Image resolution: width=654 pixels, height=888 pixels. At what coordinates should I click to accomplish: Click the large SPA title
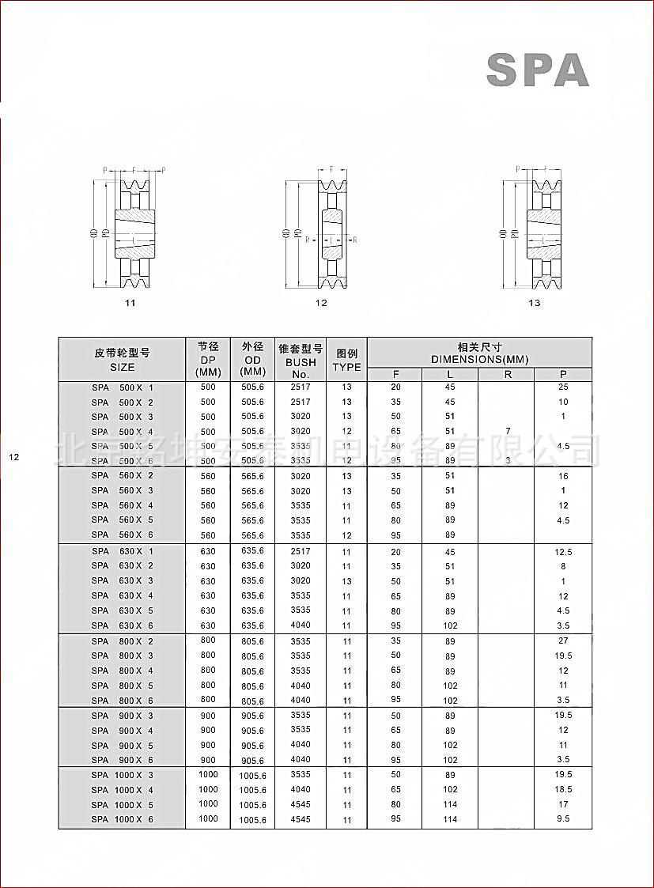click(537, 70)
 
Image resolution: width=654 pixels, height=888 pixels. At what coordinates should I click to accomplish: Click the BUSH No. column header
click(300, 361)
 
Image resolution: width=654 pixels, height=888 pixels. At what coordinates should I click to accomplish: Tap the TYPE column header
click(346, 361)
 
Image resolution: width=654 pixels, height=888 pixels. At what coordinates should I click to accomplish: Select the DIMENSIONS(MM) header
click(479, 353)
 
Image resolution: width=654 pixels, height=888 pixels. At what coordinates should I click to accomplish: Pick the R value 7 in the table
click(508, 431)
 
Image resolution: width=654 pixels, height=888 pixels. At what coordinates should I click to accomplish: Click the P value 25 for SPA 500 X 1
click(563, 387)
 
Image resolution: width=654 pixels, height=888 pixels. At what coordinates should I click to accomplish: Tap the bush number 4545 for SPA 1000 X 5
click(301, 804)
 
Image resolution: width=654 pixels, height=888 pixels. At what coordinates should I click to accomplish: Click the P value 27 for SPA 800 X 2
click(563, 640)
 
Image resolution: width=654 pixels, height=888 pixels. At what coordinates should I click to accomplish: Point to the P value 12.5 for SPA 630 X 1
click(563, 551)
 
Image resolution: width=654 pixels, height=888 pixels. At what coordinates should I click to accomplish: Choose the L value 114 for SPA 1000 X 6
click(450, 819)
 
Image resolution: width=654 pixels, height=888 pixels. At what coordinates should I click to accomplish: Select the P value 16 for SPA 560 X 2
click(563, 476)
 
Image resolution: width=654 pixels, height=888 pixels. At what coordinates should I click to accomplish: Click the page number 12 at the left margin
click(13, 457)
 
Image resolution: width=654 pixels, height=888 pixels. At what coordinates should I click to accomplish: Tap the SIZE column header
click(122, 361)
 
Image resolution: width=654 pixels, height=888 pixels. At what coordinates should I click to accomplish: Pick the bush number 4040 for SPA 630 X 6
click(301, 625)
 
